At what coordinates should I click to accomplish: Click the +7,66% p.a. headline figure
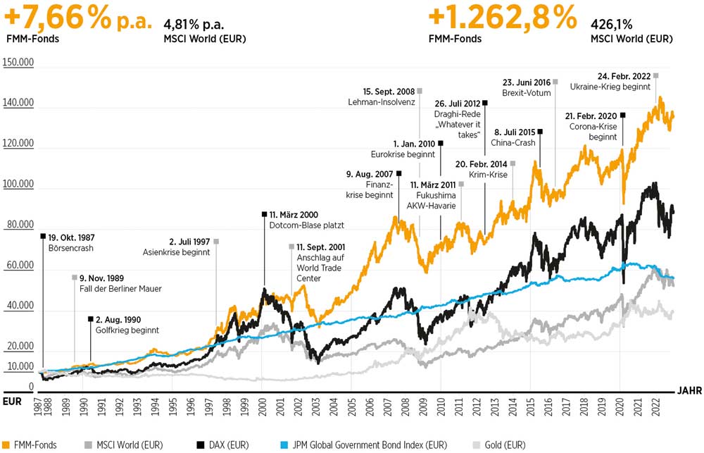tap(77, 17)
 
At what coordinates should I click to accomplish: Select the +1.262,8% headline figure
tap(501, 17)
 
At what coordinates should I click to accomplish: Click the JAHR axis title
tap(689, 389)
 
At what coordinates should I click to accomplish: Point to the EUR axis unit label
tap(11, 402)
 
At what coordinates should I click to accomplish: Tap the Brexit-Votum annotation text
tap(527, 93)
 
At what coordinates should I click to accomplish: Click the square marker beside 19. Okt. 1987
tap(43, 236)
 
